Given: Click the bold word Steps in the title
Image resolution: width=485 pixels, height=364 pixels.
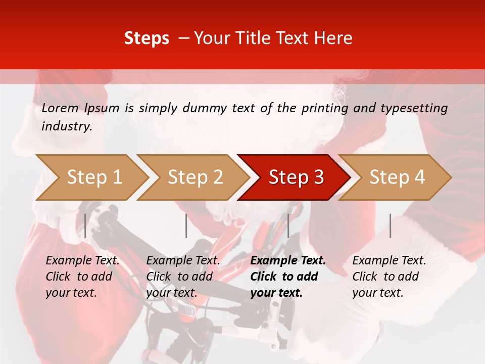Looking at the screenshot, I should coord(147,38).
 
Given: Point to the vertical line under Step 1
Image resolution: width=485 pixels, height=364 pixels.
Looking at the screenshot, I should coord(85,225).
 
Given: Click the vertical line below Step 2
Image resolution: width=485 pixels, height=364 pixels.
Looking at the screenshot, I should coord(186,225).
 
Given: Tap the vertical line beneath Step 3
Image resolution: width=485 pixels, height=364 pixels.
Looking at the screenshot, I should coord(288,225).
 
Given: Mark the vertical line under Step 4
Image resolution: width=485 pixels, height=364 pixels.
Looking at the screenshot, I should coord(390,225).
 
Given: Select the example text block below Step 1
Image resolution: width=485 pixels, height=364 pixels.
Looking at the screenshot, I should coord(82,277).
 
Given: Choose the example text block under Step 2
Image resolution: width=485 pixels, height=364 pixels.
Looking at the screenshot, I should coord(183,277).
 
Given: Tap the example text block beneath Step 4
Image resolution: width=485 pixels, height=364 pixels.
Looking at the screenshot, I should coord(389,277).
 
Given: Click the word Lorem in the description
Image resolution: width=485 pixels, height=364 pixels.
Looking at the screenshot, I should coord(60,108).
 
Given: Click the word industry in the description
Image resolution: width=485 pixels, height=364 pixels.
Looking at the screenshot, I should coord(66,126).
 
